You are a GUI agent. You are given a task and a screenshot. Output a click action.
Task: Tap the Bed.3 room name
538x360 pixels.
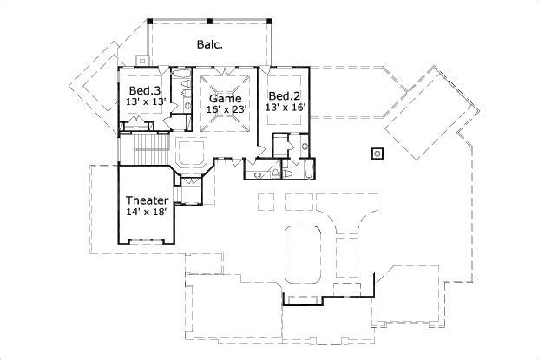click(x=144, y=91)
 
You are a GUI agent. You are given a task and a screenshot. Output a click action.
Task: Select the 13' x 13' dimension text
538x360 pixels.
click(x=144, y=102)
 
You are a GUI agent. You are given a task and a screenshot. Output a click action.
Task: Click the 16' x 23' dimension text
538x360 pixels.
click(x=226, y=108)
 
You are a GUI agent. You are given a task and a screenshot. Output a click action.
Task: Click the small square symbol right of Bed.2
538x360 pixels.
click(x=377, y=154)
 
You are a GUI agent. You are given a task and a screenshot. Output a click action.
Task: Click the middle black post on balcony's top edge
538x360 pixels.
click(x=209, y=19)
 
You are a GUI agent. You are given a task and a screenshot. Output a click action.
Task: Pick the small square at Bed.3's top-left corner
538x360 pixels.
click(x=141, y=62)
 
